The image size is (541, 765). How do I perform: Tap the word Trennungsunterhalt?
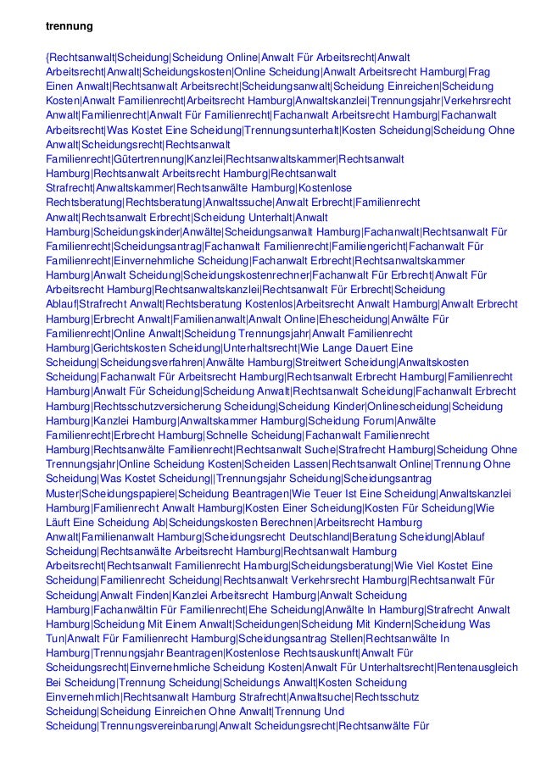(291, 130)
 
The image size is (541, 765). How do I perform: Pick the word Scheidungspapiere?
(128, 492)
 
